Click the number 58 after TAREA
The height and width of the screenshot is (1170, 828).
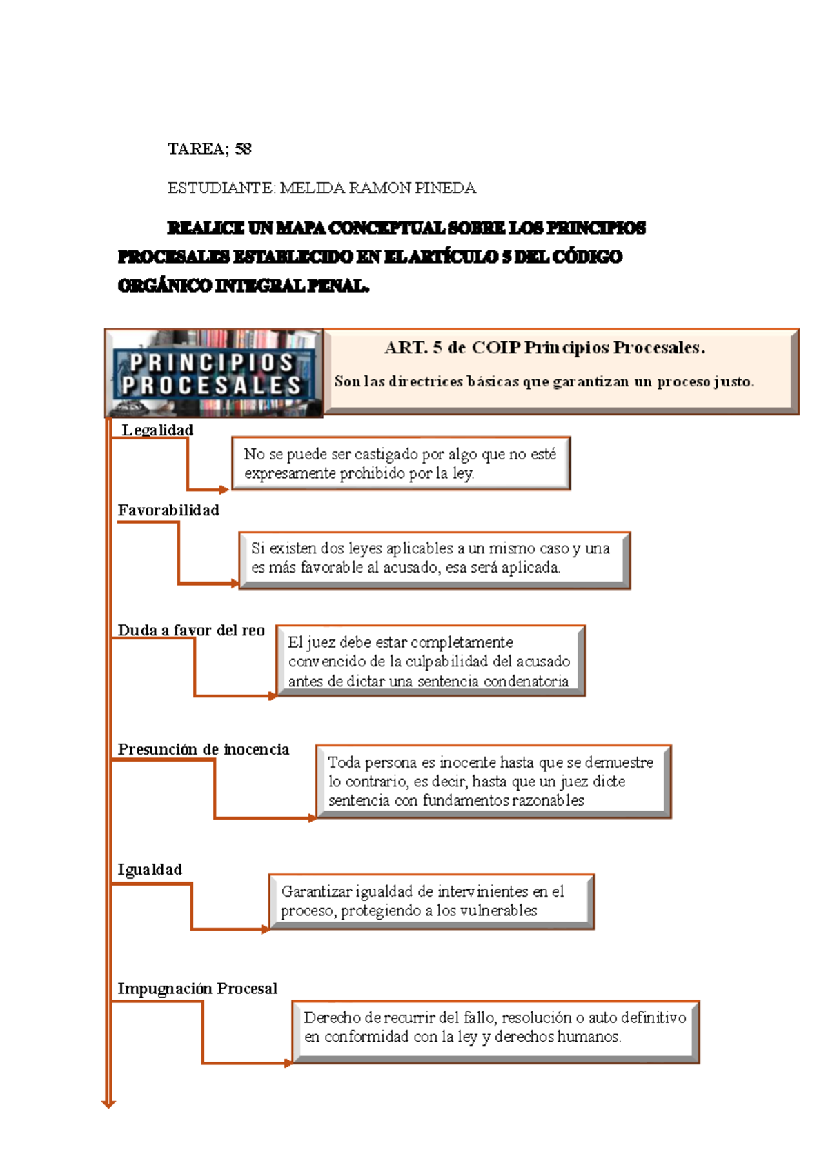coord(243,149)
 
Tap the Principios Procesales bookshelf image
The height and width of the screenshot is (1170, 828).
coord(214,374)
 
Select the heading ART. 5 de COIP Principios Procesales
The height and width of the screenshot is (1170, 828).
coord(544,348)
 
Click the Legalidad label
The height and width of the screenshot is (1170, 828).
coord(157,430)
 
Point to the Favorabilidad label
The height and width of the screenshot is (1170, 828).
coord(168,510)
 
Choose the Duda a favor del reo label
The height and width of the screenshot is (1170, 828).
coord(191,631)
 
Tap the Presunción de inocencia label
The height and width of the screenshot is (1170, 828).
coord(204,750)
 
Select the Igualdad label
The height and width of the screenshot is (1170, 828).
coord(150,870)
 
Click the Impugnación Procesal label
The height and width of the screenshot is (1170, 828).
coord(197,989)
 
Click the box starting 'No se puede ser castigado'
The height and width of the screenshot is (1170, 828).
coord(400,464)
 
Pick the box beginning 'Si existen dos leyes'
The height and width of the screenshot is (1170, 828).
coord(433,559)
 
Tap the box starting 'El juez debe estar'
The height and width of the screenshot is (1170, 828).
coord(430,661)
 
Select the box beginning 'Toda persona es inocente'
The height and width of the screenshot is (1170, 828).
coord(493,782)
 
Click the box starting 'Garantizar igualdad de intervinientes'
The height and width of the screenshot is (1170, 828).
coord(431,901)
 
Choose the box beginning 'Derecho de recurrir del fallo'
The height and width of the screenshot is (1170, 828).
coord(495,1031)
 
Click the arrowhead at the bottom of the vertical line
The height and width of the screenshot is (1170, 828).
coord(108,1103)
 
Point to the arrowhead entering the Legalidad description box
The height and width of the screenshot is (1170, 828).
coord(224,490)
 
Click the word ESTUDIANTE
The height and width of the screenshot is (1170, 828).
coord(221,188)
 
